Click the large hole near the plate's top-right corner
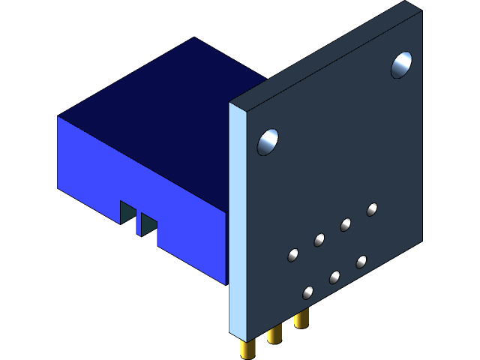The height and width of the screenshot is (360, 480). point(401,65)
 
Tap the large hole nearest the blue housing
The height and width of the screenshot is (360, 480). point(268,142)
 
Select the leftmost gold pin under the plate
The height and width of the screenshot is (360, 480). point(247,348)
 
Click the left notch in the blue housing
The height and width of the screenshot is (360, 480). point(127,212)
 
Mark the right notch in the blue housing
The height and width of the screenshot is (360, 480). point(148,223)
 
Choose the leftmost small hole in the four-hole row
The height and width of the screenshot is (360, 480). point(292,255)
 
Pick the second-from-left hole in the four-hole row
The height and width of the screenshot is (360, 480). point(319,240)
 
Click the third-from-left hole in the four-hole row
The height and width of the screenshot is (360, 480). point(346,224)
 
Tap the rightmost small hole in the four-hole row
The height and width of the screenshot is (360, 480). point(372,209)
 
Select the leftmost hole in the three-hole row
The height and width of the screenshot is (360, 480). point(307,292)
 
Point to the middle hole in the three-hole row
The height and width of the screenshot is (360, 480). point(334,277)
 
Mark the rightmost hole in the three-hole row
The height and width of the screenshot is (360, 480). point(361,261)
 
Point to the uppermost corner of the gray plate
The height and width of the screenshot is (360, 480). point(406,1)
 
